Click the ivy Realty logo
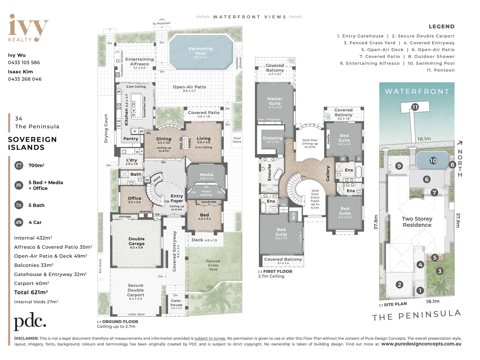pos(28,28)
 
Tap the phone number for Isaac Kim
pos(25,79)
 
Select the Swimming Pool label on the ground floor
pos(201,51)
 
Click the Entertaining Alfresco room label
pos(140,62)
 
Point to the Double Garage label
pos(137,241)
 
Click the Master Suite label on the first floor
pos(275,101)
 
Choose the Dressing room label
pos(272,138)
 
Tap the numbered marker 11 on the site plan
pos(415,107)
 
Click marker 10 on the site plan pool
pos(433,161)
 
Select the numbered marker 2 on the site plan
pos(399,285)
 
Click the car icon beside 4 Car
pos(19,222)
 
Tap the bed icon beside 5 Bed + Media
pos(19,185)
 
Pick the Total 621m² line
pos(31,292)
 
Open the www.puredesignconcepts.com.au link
pos(421,344)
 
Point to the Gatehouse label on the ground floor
pos(176,303)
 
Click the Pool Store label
pos(237,140)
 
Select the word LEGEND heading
pos(441,27)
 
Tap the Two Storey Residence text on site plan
pos(417,222)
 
